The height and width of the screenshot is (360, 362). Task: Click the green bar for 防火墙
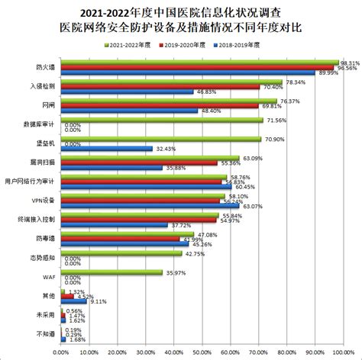click(x=199, y=63)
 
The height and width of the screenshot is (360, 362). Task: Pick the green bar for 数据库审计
click(x=160, y=121)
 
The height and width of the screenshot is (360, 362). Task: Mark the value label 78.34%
click(x=296, y=82)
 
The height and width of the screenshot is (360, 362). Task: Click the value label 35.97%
click(x=176, y=273)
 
